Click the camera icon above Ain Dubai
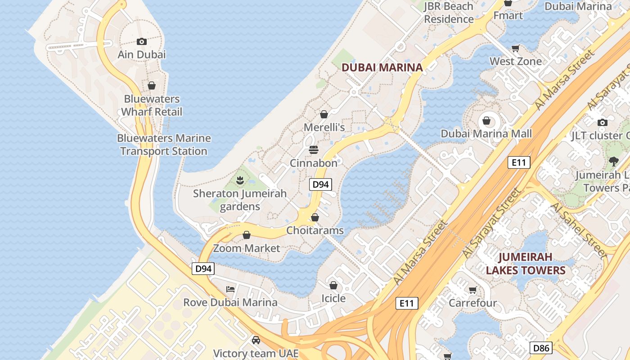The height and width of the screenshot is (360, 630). tap(142, 42)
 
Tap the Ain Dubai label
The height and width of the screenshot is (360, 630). tap(142, 54)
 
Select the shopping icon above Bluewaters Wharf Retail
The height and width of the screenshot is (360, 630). tap(152, 85)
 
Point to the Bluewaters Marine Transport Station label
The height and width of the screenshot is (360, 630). tap(164, 144)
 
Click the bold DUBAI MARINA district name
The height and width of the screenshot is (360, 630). tap(382, 67)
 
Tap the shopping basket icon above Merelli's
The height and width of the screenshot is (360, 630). tap(324, 114)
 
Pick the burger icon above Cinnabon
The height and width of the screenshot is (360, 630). tap(314, 150)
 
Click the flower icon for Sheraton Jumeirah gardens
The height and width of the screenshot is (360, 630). tap(240, 180)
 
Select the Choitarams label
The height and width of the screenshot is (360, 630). tap(315, 230)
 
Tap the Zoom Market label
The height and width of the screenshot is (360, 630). tap(247, 248)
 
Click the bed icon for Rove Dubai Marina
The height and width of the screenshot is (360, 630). tap(230, 289)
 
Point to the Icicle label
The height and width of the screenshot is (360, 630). tap(333, 298)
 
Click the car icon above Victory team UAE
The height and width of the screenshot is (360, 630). tap(256, 340)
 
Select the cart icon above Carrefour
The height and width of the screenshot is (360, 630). tap(472, 290)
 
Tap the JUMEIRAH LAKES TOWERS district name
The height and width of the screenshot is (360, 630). tap(526, 264)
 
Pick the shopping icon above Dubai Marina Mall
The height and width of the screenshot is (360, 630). tap(486, 121)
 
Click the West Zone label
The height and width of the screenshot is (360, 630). tap(516, 61)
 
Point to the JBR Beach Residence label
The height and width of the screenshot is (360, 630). tap(449, 13)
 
